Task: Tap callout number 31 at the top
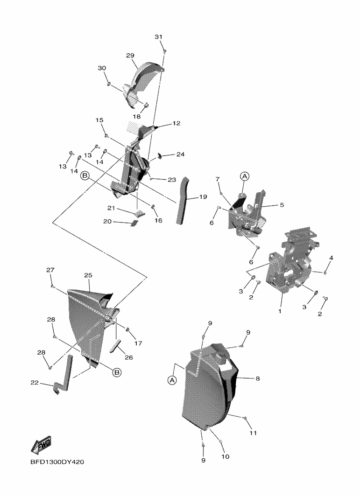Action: (x=158, y=37)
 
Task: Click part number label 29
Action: (x=130, y=55)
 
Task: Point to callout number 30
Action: (x=102, y=68)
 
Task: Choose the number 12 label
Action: (x=176, y=124)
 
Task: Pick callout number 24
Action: (x=180, y=154)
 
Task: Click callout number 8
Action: (x=257, y=379)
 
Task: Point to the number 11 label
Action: (x=253, y=433)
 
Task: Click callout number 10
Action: (x=225, y=456)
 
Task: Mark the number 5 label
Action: (x=282, y=204)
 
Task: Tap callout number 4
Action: (x=331, y=258)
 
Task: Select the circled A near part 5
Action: (x=245, y=176)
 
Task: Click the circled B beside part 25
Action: (x=117, y=372)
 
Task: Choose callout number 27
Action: (x=50, y=270)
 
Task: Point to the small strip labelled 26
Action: (x=115, y=347)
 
